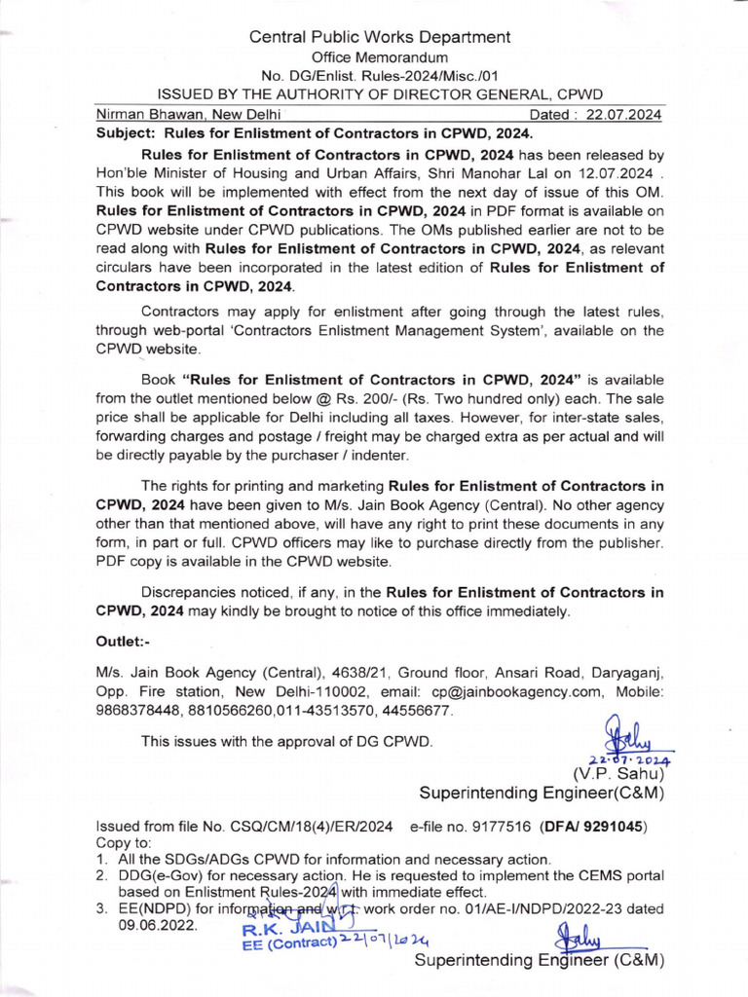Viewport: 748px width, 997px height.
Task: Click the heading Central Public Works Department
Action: tap(379, 37)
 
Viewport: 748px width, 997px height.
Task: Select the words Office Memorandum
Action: tap(379, 57)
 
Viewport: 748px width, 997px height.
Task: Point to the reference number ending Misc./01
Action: tap(379, 76)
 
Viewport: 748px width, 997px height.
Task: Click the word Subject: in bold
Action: tap(127, 133)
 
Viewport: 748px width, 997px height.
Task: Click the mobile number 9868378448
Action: tap(135, 711)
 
